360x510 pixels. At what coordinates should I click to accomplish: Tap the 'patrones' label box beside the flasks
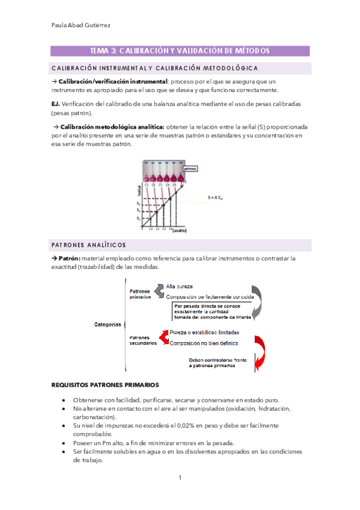pyautogui.click(x=190, y=170)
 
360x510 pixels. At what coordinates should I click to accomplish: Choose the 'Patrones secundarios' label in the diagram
pyautogui.click(x=143, y=340)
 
